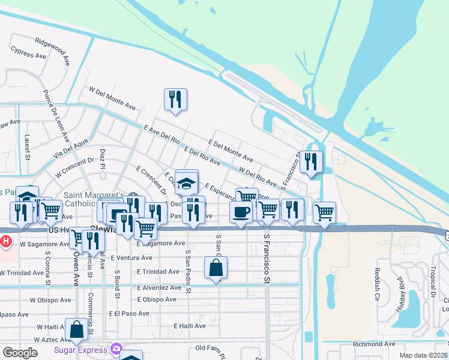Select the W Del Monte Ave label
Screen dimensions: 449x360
pyautogui.click(x=112, y=97)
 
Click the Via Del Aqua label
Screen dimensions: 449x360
pyautogui.click(x=71, y=147)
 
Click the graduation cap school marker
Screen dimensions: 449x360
pyautogui.click(x=187, y=183)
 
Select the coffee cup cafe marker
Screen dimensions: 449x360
pyautogui.click(x=241, y=212)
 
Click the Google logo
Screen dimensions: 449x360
pyautogui.click(x=20, y=353)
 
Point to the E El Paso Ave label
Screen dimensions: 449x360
pyautogui.click(x=129, y=313)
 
